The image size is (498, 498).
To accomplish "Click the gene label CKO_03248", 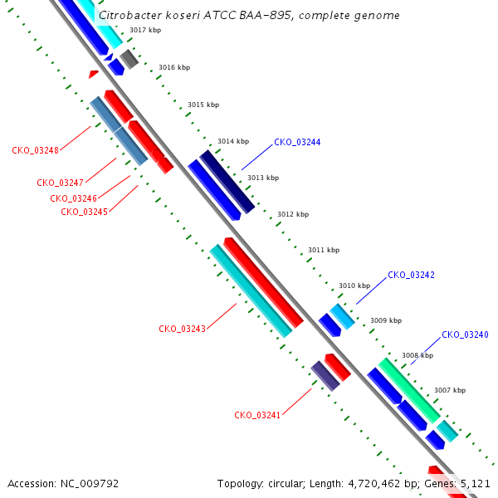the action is click(x=35, y=150).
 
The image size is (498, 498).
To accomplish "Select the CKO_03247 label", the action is click(x=60, y=183).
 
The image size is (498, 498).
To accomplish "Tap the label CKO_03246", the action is click(x=73, y=198).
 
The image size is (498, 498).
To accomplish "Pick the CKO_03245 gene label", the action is click(x=84, y=212).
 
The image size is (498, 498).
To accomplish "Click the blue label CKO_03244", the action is click(x=297, y=142).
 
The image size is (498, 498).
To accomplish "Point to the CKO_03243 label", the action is click(x=182, y=329).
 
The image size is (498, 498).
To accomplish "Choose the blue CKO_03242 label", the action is click(x=411, y=275).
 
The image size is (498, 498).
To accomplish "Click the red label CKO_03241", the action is click(x=257, y=415).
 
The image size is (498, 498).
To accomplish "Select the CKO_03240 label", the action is click(x=465, y=334).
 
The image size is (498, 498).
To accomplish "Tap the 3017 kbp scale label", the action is click(x=145, y=30).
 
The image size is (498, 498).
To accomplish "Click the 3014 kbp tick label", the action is click(x=233, y=141).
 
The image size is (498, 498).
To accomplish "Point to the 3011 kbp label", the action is click(x=324, y=250).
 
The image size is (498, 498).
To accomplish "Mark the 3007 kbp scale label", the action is click(x=450, y=390).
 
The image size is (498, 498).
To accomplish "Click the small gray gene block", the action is click(x=129, y=59).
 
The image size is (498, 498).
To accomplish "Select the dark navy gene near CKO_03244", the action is click(x=227, y=182).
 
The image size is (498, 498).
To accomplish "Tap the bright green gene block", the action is click(x=409, y=391).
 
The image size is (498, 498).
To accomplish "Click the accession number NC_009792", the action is click(x=90, y=483).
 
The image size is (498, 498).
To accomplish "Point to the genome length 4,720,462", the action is click(x=374, y=484).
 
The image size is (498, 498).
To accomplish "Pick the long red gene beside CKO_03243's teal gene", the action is click(x=264, y=282).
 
